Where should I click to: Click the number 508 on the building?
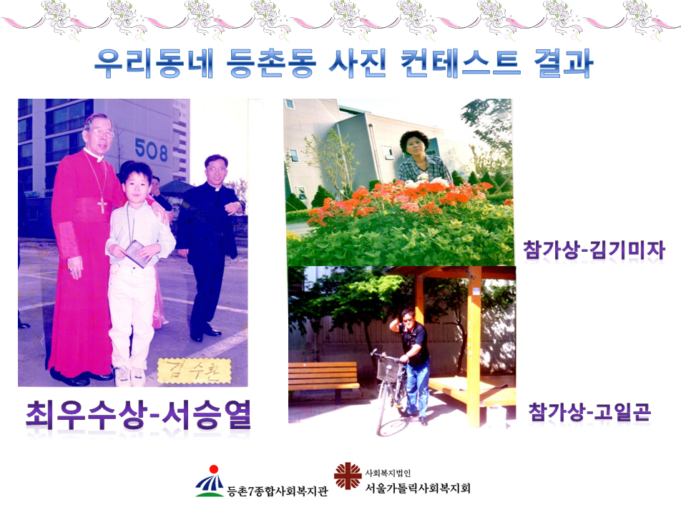(x=151, y=150)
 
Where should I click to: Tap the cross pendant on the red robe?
(x=102, y=205)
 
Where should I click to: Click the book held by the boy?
(x=135, y=253)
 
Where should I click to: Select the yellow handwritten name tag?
(x=194, y=371)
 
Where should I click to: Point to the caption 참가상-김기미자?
(x=594, y=250)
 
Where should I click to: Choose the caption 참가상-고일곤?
(x=589, y=412)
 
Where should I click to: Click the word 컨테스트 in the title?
(x=461, y=64)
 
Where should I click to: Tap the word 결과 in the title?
(x=564, y=64)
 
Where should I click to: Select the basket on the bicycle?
(x=389, y=370)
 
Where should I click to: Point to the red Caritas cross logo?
(x=348, y=476)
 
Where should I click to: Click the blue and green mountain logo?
(x=211, y=481)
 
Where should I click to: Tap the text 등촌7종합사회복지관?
(x=278, y=491)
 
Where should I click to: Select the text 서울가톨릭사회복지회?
(x=417, y=489)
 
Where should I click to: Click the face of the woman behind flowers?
(x=414, y=147)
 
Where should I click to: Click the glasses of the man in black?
(x=215, y=168)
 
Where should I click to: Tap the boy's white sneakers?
(x=130, y=377)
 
